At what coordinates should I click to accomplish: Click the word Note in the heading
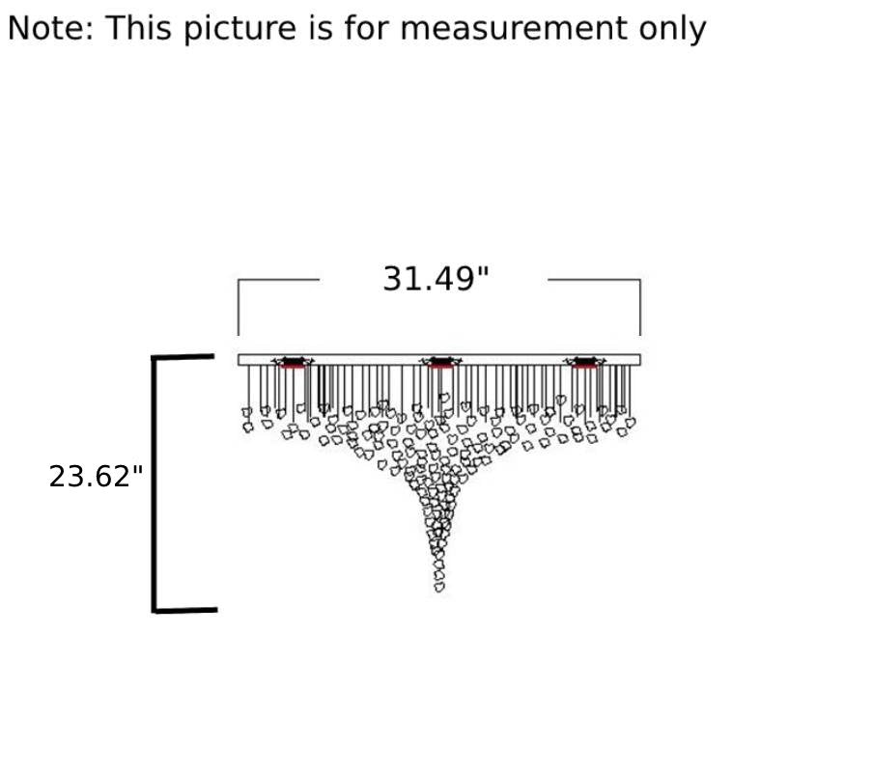pyautogui.click(x=50, y=28)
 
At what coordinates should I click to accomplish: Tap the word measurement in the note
pyautogui.click(x=514, y=28)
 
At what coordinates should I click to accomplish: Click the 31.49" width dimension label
pyautogui.click(x=436, y=279)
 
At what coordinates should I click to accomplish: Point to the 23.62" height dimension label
pyautogui.click(x=96, y=477)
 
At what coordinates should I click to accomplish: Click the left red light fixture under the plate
pyautogui.click(x=293, y=363)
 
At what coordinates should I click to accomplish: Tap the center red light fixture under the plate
pyautogui.click(x=441, y=363)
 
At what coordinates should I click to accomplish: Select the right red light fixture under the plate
pyautogui.click(x=585, y=363)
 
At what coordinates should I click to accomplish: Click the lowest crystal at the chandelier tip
pyautogui.click(x=439, y=587)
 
